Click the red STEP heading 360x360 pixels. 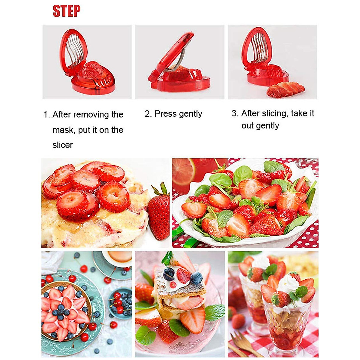[x=67, y=11]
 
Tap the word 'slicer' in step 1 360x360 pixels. [x=63, y=145]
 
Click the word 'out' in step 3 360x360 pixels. [x=248, y=126]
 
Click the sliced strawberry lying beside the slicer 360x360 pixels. [x=285, y=89]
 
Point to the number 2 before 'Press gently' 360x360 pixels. [x=147, y=114]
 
